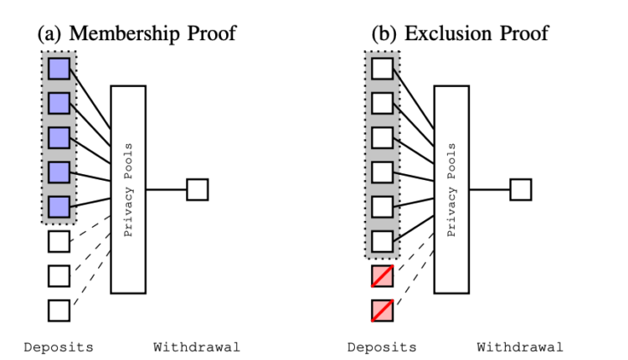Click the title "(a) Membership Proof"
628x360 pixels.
click(x=136, y=33)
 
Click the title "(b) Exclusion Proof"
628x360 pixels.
click(x=461, y=33)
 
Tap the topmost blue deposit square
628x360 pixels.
click(x=59, y=68)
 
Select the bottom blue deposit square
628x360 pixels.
click(x=59, y=207)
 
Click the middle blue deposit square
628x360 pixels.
click(x=59, y=137)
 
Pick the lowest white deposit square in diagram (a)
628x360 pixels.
click(x=59, y=310)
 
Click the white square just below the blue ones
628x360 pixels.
click(x=59, y=241)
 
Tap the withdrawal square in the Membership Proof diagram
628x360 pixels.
click(x=197, y=189)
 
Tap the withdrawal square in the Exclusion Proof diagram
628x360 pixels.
click(x=520, y=189)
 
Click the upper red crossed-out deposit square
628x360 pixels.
click(x=382, y=275)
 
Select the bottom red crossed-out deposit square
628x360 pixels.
click(x=382, y=310)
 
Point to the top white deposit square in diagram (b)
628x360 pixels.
click(x=382, y=68)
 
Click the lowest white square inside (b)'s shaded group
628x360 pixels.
click(x=382, y=241)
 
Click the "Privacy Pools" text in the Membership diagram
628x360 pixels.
click(x=128, y=189)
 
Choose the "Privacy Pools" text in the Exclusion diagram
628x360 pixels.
click(x=451, y=189)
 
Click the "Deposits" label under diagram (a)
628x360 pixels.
click(x=59, y=347)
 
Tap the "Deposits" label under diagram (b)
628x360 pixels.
click(x=382, y=347)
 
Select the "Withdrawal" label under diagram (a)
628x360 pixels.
click(x=197, y=347)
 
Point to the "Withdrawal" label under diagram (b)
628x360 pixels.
click(x=520, y=347)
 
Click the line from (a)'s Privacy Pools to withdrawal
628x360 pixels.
click(x=166, y=189)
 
